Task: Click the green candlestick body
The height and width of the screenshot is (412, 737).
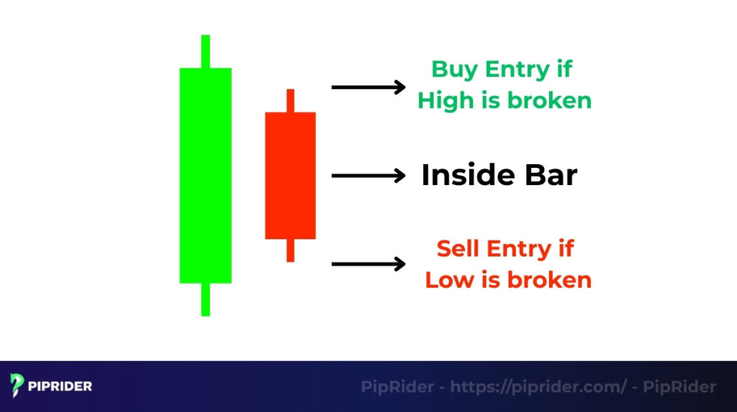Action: (205, 175)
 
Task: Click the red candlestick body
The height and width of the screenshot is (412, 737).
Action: (290, 175)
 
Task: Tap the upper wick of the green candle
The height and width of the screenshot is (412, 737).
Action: (205, 51)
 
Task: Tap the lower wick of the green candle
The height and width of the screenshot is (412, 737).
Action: (205, 299)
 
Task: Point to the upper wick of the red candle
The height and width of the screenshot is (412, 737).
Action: (290, 100)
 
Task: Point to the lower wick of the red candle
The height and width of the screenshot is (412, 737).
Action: (290, 250)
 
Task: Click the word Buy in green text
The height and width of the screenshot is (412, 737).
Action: (454, 70)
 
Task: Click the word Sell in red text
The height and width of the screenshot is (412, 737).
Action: (458, 248)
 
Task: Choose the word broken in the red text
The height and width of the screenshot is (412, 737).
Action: (549, 279)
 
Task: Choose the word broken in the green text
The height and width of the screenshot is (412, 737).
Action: (549, 101)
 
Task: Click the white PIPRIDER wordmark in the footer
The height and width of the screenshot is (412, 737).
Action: (61, 386)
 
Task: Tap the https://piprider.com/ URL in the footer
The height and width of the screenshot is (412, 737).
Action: (539, 387)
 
